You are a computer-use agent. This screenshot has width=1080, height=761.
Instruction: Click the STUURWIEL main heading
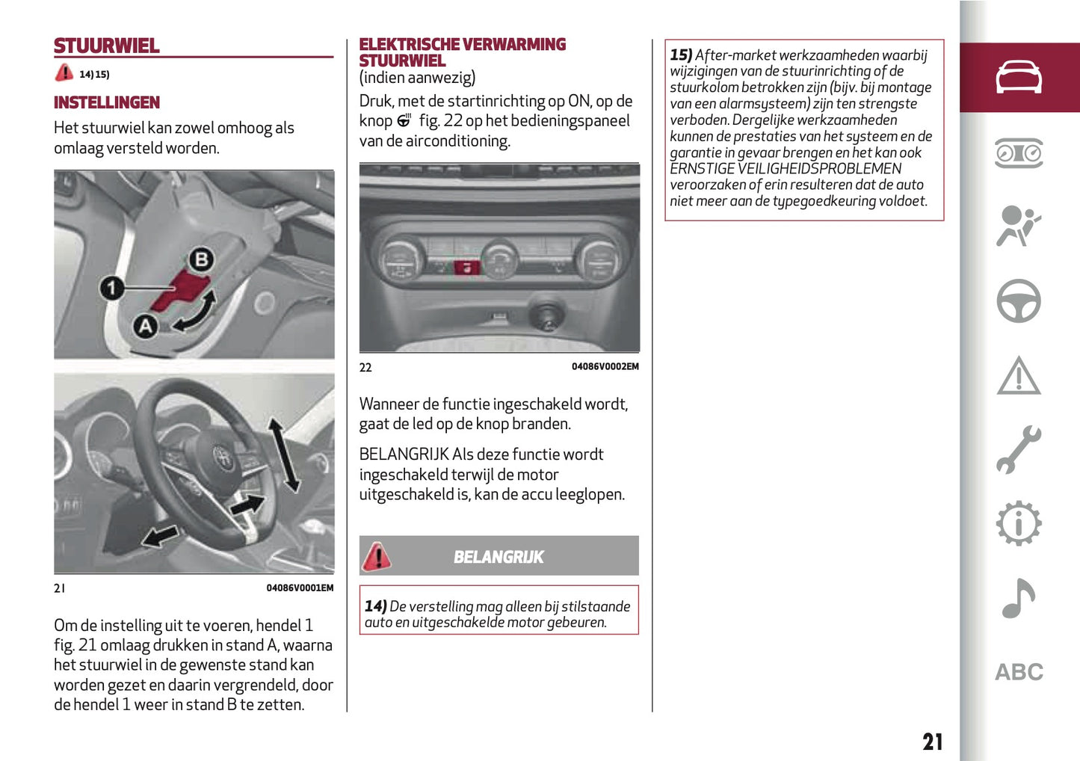pos(106,46)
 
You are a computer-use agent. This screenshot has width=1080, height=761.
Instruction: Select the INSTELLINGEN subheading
pos(107,102)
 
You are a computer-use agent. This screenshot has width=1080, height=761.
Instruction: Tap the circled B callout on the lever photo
pos(200,260)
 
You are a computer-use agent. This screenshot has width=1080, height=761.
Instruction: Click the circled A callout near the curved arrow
pos(145,326)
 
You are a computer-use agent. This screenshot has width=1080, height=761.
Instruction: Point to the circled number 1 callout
pos(112,288)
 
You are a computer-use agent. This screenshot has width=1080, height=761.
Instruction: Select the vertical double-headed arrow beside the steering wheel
pos(284,455)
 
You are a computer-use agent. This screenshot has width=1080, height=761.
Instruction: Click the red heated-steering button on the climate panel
pos(467,267)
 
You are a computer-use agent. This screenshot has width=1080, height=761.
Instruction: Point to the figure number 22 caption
pos(365,367)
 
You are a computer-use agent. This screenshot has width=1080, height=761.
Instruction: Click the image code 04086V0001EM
pos(300,588)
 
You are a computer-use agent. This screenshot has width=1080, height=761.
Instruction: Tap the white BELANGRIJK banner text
pos(499,557)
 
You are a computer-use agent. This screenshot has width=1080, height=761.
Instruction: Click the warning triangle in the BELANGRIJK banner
pos(377,556)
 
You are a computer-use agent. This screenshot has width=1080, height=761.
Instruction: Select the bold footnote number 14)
pos(375,606)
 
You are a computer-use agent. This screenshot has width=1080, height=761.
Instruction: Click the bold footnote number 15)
pos(681,55)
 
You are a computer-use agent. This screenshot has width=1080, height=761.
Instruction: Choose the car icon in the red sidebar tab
pos(1019,77)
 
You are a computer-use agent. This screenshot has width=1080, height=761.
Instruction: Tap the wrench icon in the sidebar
pos(1018,450)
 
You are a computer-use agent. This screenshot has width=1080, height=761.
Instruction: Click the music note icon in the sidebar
pos(1018,598)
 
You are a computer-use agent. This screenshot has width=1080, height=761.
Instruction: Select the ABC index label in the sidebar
pos(1018,672)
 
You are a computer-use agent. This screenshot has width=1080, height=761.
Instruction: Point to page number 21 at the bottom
pos(932,742)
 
